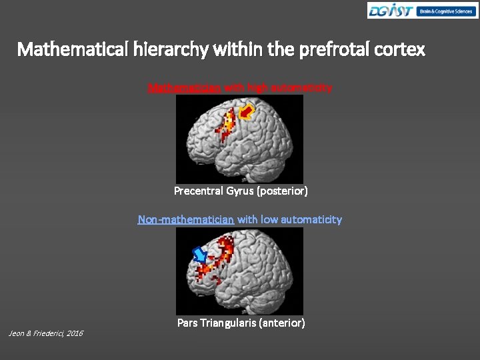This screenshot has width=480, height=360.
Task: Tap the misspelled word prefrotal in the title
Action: [324, 50]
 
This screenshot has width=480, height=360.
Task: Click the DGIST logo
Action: [391, 11]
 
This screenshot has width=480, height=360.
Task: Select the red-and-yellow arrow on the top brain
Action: [247, 112]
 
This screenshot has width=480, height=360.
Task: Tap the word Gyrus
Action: [240, 191]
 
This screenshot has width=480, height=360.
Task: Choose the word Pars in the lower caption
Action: [187, 323]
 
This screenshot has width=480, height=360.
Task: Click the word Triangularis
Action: [229, 323]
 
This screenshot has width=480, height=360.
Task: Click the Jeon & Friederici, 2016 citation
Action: [45, 333]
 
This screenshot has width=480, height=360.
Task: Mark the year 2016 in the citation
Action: [74, 333]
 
